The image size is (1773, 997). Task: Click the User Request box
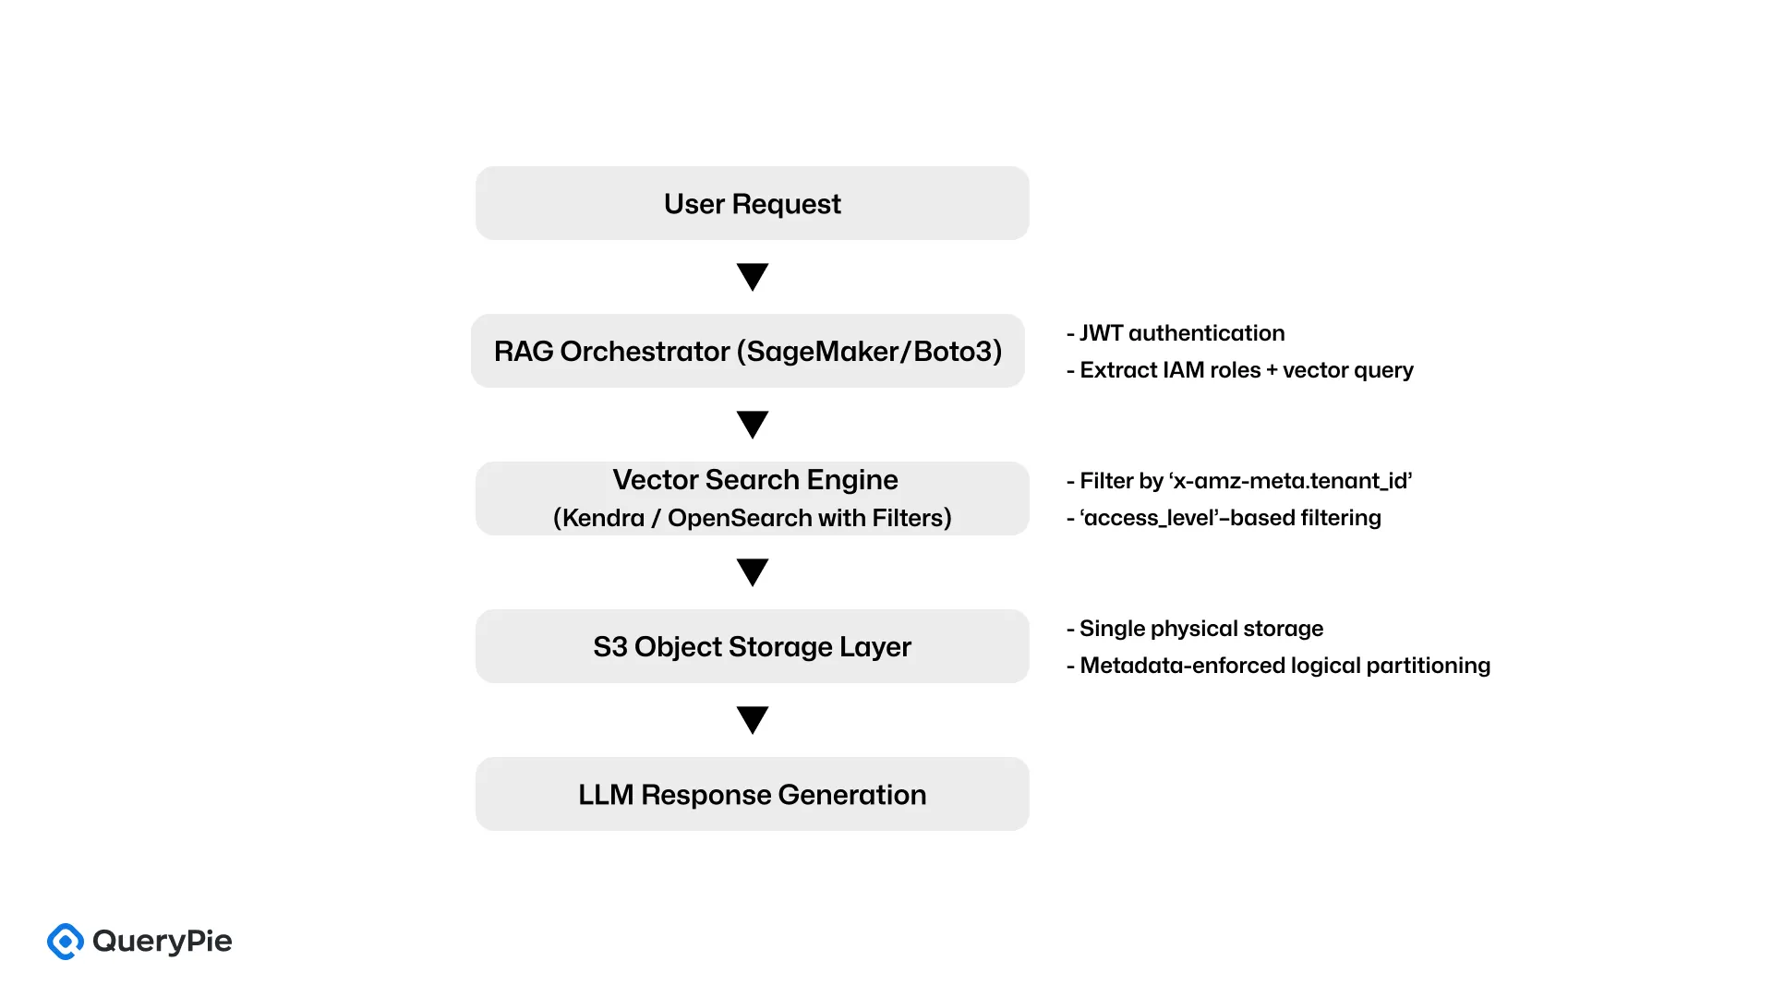pyautogui.click(x=752, y=203)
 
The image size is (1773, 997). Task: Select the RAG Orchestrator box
pyautogui.click(x=747, y=351)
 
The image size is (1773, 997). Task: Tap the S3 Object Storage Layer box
pyautogui.click(x=752, y=646)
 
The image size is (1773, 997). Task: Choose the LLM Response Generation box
pyautogui.click(x=752, y=794)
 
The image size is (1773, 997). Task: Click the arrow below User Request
pyautogui.click(x=753, y=277)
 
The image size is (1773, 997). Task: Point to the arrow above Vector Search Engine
pyautogui.click(x=753, y=425)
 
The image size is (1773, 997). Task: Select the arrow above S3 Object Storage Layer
pyautogui.click(x=753, y=572)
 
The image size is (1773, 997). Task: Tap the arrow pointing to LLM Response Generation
pyautogui.click(x=753, y=720)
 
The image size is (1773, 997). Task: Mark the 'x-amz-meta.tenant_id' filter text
pyautogui.click(x=1290, y=481)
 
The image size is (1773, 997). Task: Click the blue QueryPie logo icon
pyautogui.click(x=66, y=942)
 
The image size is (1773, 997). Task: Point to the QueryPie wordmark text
pyautogui.click(x=163, y=942)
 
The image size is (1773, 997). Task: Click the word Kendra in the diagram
pyautogui.click(x=603, y=518)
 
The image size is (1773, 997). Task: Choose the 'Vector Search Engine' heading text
pyautogui.click(x=754, y=480)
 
